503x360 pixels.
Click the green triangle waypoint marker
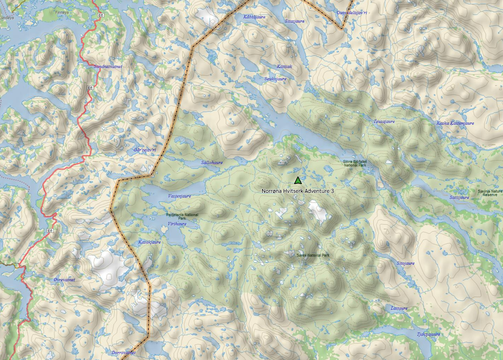pyautogui.click(x=298, y=181)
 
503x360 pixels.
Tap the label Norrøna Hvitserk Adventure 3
pyautogui.click(x=298, y=191)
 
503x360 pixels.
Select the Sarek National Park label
pyautogui.click(x=313, y=255)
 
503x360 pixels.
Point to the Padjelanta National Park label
pyautogui.click(x=182, y=216)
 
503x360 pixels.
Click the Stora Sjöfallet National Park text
pyautogui.click(x=355, y=163)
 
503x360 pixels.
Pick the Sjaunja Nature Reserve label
pyautogui.click(x=490, y=193)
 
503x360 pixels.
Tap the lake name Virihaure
pyautogui.click(x=177, y=224)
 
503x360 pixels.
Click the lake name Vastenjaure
pyautogui.click(x=180, y=196)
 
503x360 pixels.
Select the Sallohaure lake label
pyautogui.click(x=212, y=163)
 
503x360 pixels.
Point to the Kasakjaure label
pyautogui.click(x=150, y=242)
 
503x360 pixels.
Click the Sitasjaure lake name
pyautogui.click(x=295, y=21)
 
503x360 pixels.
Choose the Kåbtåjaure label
pyautogui.click(x=254, y=17)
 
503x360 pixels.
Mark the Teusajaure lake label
pyautogui.click(x=384, y=121)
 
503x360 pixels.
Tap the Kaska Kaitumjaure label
pyautogui.click(x=455, y=123)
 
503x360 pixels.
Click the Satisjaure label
pyautogui.click(x=459, y=197)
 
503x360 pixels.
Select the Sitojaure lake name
pyautogui.click(x=405, y=263)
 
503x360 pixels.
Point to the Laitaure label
pyautogui.click(x=399, y=308)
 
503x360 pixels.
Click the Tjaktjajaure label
pyautogui.click(x=428, y=334)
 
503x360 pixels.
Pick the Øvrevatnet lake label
pyautogui.click(x=64, y=280)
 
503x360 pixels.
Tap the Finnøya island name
pyautogui.click(x=62, y=12)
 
